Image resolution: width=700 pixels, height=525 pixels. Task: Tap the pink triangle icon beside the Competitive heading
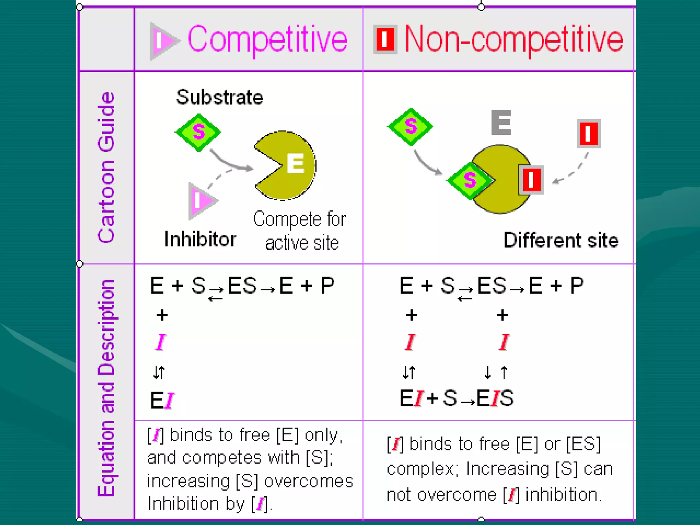click(x=163, y=41)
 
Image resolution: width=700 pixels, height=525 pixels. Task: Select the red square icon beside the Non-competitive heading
click(x=385, y=39)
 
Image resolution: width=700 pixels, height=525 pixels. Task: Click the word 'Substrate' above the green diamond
click(x=219, y=97)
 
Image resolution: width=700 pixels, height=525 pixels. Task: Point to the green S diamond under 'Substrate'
click(x=198, y=132)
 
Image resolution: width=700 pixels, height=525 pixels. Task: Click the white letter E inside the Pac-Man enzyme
click(x=295, y=163)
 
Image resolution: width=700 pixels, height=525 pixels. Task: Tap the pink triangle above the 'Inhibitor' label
click(x=201, y=201)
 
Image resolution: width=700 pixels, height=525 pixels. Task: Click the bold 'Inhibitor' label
click(x=200, y=239)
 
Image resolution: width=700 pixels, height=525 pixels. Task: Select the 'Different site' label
click(x=561, y=240)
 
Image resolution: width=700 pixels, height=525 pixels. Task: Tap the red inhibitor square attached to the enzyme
click(x=531, y=180)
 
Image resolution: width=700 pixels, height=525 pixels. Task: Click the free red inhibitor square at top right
click(x=589, y=134)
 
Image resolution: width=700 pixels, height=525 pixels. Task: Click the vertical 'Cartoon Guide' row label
click(x=106, y=167)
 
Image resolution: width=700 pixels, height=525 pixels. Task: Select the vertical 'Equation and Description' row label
click(x=106, y=388)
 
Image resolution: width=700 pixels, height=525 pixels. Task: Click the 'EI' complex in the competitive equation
click(x=162, y=400)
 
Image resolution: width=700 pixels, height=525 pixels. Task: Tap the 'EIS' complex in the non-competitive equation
click(x=495, y=398)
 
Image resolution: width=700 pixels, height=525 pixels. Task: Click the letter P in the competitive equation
click(x=327, y=285)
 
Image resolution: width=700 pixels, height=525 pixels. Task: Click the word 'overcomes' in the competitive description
click(x=308, y=481)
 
